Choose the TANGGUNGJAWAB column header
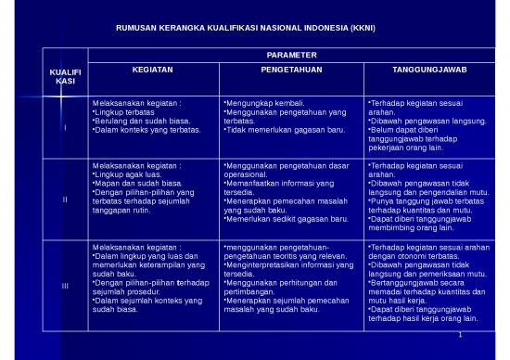pyautogui.click(x=428, y=70)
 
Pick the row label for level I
pyautogui.click(x=65, y=128)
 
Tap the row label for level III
pyautogui.click(x=65, y=284)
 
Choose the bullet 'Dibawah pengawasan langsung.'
pyautogui.click(x=428, y=121)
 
